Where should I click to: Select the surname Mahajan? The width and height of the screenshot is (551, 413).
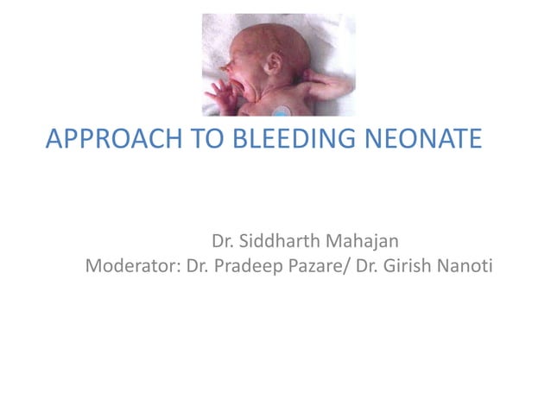coord(363,237)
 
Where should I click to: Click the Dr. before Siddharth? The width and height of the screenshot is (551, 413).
coord(225,237)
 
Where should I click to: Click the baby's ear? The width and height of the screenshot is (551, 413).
coord(275,62)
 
